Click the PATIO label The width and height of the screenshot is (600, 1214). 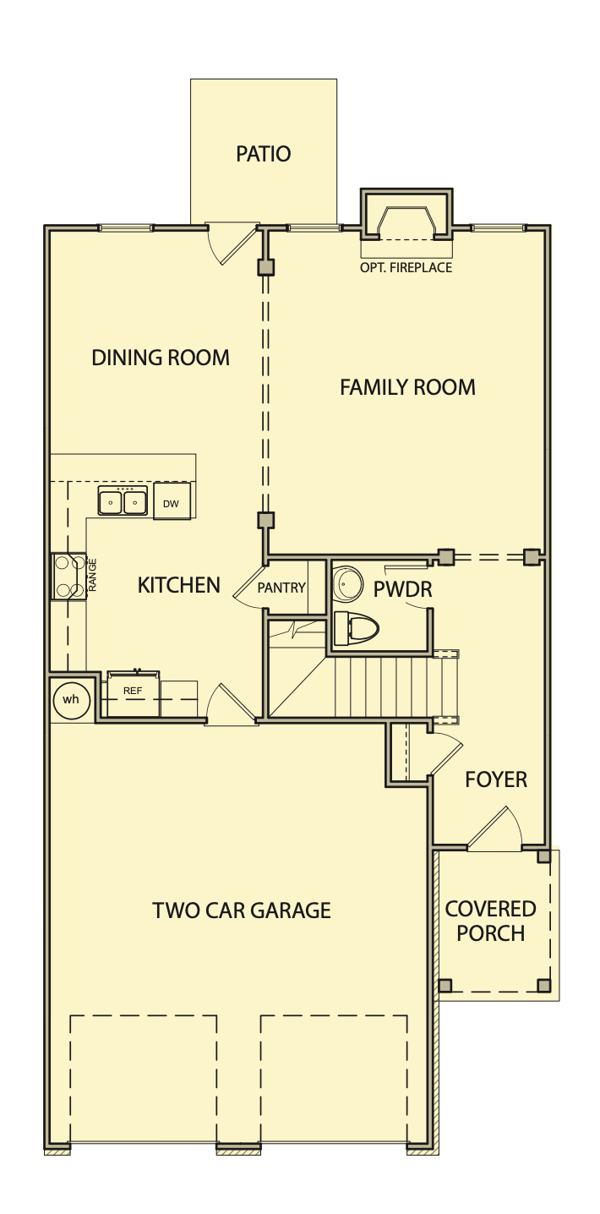click(263, 154)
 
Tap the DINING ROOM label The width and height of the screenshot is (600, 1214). click(161, 358)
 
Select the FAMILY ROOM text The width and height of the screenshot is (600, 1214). click(408, 387)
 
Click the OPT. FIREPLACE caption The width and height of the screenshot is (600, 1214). click(406, 267)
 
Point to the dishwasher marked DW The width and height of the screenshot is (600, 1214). click(172, 501)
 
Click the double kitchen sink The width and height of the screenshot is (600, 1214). click(123, 500)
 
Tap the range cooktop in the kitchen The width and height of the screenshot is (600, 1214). click(68, 576)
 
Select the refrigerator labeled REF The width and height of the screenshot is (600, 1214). click(134, 694)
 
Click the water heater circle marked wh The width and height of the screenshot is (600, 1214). click(71, 700)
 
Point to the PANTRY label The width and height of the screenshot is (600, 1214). click(281, 588)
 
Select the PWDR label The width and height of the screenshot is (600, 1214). click(403, 589)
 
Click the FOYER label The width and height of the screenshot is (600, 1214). click(496, 780)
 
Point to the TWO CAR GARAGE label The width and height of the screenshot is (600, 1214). click(242, 910)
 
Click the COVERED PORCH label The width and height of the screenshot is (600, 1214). click(491, 921)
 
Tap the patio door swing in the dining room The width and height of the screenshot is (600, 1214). click(232, 244)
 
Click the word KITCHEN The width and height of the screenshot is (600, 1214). click(179, 585)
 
